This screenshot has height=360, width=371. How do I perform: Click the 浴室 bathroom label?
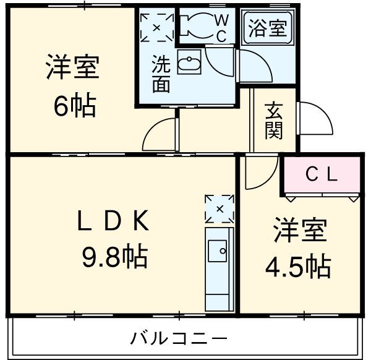click(x=268, y=29)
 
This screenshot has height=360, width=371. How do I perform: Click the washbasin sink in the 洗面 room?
click(x=187, y=62)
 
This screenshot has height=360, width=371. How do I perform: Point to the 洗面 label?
click(x=161, y=74)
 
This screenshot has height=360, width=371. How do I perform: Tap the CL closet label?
click(x=322, y=175)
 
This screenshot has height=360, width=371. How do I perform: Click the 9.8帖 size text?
click(x=114, y=255)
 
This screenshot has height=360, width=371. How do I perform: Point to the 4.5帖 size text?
click(x=298, y=267)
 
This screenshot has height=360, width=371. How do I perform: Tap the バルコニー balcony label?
click(x=179, y=338)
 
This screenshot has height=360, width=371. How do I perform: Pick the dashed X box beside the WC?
click(x=157, y=26)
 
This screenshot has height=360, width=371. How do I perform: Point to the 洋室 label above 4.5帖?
click(x=299, y=231)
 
